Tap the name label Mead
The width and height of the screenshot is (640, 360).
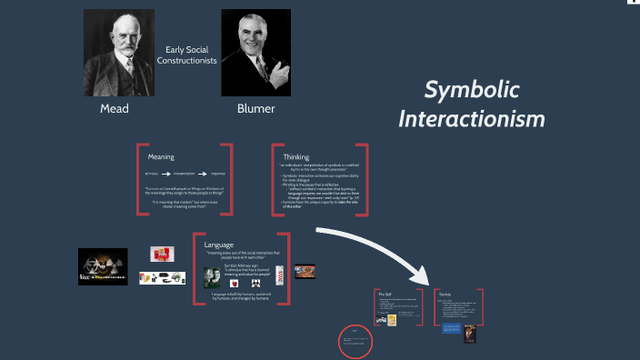click(x=114, y=109)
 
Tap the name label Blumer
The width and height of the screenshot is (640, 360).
click(x=255, y=109)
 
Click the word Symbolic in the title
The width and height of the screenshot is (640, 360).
click(x=473, y=90)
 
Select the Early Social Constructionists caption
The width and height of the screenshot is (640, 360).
click(x=186, y=55)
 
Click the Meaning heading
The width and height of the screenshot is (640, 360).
click(x=161, y=156)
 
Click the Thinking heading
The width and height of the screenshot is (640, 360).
click(x=296, y=156)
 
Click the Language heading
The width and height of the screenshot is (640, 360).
click(x=218, y=245)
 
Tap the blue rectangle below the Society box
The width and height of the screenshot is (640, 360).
click(x=449, y=329)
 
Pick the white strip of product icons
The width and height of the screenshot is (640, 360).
click(x=162, y=278)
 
